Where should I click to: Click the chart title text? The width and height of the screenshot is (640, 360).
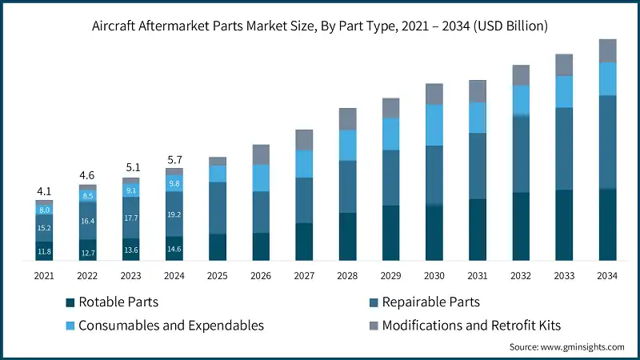(x=320, y=26)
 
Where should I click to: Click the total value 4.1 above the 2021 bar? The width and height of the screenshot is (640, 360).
(x=44, y=191)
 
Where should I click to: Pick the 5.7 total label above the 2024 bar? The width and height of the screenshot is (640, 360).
(x=174, y=159)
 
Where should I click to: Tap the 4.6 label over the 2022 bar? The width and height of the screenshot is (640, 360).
(x=87, y=175)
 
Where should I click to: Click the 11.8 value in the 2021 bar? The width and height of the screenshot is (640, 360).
(x=44, y=252)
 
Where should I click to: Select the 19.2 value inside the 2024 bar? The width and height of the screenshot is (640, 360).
(x=174, y=214)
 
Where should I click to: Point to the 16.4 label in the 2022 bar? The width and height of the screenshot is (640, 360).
(x=87, y=221)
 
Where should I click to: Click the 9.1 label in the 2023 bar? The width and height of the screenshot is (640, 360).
(x=131, y=190)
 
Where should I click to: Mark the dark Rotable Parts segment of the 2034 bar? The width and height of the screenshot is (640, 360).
(x=608, y=225)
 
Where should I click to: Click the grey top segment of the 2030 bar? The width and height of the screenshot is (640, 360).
(x=434, y=94)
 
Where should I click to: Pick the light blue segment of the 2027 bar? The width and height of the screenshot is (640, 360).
(x=304, y=164)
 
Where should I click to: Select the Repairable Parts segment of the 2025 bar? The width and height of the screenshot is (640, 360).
(x=218, y=208)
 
